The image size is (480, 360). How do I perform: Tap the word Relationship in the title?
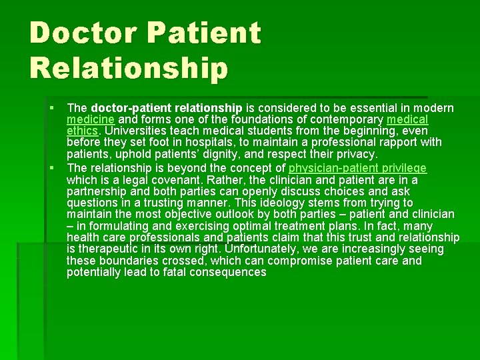(x=129, y=67)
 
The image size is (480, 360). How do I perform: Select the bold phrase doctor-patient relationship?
(x=166, y=108)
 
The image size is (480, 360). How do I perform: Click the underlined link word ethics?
(x=83, y=131)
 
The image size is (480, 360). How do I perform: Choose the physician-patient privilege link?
(x=357, y=168)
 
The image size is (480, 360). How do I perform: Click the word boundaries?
(x=131, y=261)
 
